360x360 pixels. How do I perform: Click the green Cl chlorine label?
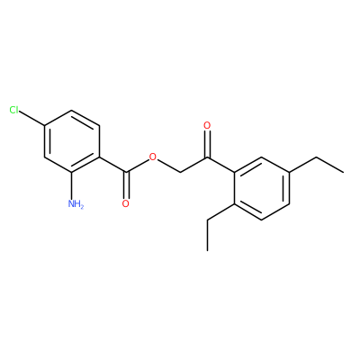(13, 110)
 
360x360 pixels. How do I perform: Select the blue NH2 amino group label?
(76, 204)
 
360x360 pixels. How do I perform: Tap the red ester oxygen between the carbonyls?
(153, 157)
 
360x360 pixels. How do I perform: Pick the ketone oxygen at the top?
(207, 125)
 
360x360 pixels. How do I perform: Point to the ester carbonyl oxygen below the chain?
(126, 203)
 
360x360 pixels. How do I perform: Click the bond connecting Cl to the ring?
(31, 118)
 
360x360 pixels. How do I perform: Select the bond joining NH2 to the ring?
(71, 185)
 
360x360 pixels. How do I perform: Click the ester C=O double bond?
(126, 184)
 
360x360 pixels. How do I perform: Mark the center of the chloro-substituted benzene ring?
(71, 141)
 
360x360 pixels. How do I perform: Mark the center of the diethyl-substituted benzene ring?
(262, 188)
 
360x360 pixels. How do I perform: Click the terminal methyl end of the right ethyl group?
(344, 173)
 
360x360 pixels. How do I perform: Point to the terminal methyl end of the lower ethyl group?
(207, 250)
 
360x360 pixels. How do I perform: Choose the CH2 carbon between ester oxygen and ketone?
(180, 172)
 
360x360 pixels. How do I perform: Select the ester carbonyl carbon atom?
(126, 172)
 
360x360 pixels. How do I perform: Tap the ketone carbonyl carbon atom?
(207, 157)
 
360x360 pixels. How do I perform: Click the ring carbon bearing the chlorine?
(44, 126)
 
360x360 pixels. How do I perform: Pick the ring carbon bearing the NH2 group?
(71, 173)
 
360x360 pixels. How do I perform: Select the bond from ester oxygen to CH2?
(168, 166)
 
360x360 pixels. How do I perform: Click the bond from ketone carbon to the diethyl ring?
(220, 165)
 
